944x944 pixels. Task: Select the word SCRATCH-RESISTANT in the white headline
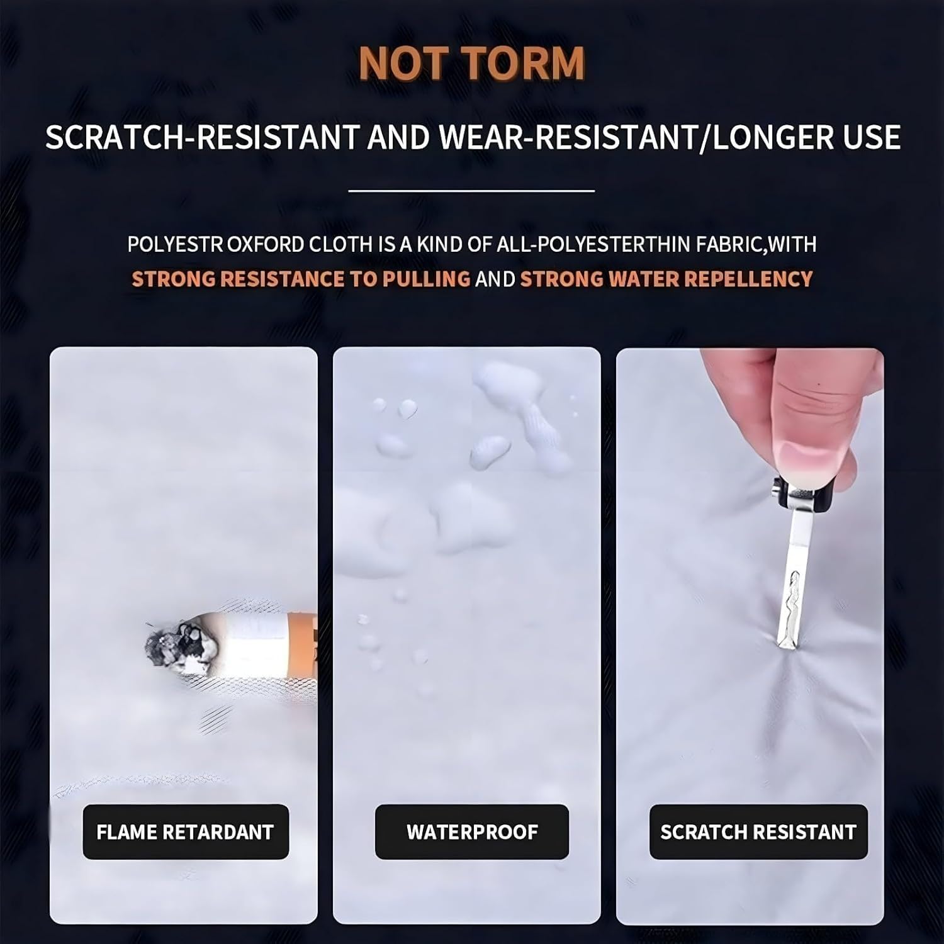click(202, 137)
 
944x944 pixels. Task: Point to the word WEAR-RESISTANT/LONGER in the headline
click(636, 137)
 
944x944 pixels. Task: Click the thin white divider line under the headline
click(471, 190)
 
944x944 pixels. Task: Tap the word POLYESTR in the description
click(175, 244)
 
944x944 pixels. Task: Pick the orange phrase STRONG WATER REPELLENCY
click(666, 279)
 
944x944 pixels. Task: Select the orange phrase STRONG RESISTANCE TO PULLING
click(301, 279)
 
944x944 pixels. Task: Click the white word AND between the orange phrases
click(495, 279)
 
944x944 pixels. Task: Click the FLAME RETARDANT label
click(186, 832)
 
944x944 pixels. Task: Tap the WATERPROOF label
click(472, 832)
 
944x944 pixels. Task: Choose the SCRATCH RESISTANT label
click(758, 832)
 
